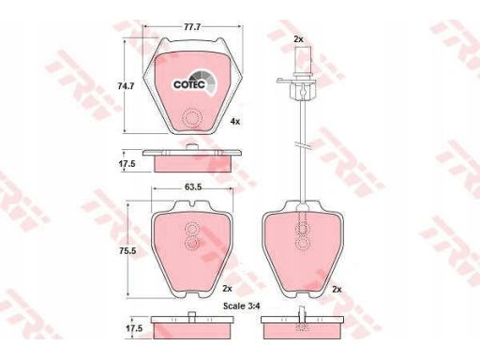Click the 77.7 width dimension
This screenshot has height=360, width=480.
(x=192, y=27)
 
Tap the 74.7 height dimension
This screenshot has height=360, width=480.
(x=126, y=86)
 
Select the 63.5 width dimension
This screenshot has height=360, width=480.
(x=193, y=187)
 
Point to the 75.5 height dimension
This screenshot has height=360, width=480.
(x=127, y=250)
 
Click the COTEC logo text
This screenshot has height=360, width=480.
(x=189, y=84)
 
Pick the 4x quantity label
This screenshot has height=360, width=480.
(x=235, y=122)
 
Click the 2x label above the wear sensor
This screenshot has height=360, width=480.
(x=299, y=39)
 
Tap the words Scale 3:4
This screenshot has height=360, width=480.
(x=242, y=306)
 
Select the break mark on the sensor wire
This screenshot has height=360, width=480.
(x=302, y=145)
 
